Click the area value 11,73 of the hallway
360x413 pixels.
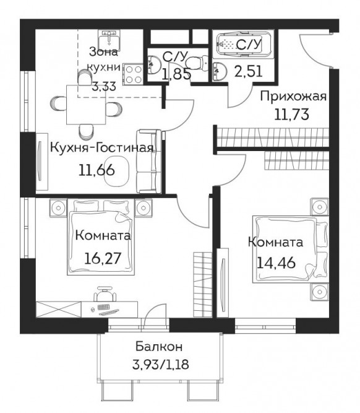tap(291, 115)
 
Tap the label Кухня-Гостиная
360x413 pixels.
tap(101, 148)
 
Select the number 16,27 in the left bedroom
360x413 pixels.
tap(103, 258)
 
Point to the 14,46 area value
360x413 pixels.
tap(276, 263)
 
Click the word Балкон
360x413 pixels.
tap(159, 347)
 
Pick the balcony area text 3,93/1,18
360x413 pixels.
tap(161, 365)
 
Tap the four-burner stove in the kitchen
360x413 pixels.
tap(133, 74)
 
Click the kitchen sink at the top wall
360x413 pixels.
tap(109, 40)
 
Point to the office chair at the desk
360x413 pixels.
tap(105, 294)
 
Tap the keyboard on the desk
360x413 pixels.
tap(104, 307)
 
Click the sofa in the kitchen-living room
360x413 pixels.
tap(149, 162)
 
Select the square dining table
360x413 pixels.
tap(86, 105)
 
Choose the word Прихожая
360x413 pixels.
tap(293, 97)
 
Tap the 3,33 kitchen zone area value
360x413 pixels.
tap(104, 86)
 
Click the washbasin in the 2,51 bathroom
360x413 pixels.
tap(220, 71)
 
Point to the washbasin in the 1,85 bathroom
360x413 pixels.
tap(154, 64)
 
